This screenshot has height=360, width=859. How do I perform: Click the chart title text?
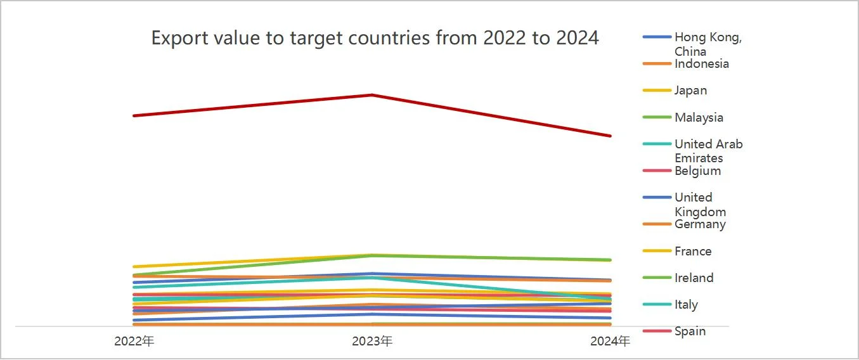pyautogui.click(x=375, y=38)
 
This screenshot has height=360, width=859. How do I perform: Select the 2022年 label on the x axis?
pyautogui.click(x=134, y=341)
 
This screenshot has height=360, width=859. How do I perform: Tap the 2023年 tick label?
pyautogui.click(x=372, y=341)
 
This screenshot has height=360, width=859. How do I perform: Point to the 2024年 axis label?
pyautogui.click(x=610, y=341)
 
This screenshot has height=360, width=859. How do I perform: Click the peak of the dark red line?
pyautogui.click(x=371, y=94)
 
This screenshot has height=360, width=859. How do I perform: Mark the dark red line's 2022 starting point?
pyautogui.click(x=134, y=115)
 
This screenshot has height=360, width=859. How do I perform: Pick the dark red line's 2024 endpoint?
pyautogui.click(x=610, y=136)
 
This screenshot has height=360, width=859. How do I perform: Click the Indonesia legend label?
pyautogui.click(x=701, y=63)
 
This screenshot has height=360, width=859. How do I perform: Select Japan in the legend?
pyautogui.click(x=690, y=91)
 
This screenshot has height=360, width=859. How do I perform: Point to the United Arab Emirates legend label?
pyautogui.click(x=708, y=151)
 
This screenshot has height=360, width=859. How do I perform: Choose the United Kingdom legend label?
pyautogui.click(x=700, y=204)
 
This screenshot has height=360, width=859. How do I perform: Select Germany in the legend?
pyautogui.click(x=700, y=224)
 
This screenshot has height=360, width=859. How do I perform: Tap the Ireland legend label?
pyautogui.click(x=694, y=278)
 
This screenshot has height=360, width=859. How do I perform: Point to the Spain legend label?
pyautogui.click(x=690, y=331)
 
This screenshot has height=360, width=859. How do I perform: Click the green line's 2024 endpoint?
pyautogui.click(x=610, y=260)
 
